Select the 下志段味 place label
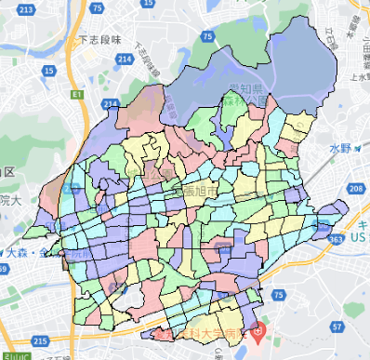pos(100,40)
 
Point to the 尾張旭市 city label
pos(192,190)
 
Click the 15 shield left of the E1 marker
pos(48,69)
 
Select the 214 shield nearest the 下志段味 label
pos(125,59)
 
